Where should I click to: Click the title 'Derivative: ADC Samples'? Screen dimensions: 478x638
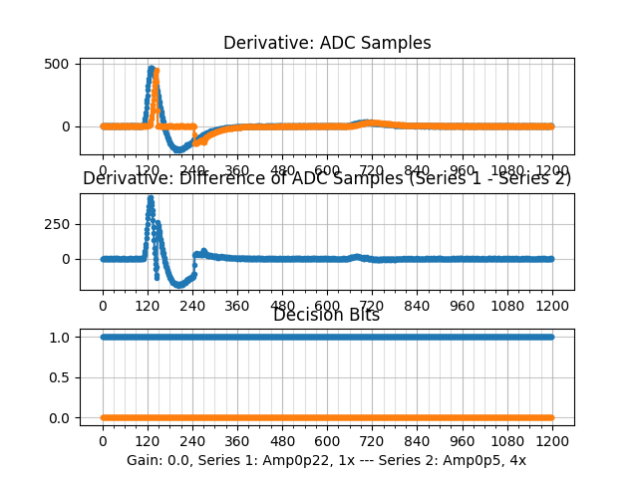tap(327, 43)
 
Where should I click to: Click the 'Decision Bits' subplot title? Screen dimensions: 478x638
tap(327, 316)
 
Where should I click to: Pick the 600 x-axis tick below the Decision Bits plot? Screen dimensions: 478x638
tap(327, 441)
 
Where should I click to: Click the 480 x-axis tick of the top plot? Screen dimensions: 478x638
tap(282, 170)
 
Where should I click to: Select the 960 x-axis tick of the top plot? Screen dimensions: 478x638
tap(463, 170)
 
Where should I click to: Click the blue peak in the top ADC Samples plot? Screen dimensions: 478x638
tap(151, 69)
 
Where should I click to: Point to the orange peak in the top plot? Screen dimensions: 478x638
tap(157, 71)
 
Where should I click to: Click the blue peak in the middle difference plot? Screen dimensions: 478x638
tap(151, 197)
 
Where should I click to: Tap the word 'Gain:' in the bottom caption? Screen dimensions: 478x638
tap(145, 461)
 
